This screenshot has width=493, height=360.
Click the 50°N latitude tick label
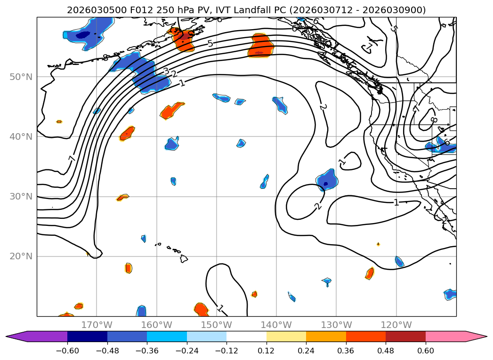(21, 77)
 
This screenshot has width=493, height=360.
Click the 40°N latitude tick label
(21, 137)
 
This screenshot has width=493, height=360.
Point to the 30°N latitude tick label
(21, 197)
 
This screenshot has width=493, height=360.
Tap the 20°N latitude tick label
(21, 256)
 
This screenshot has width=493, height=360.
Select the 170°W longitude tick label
(97, 325)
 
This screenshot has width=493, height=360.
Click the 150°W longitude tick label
(217, 325)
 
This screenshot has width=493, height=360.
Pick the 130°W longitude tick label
(336, 325)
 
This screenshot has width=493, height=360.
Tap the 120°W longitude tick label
(396, 325)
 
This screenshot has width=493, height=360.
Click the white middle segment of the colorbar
(246, 336)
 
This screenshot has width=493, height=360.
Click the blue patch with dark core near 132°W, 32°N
(326, 180)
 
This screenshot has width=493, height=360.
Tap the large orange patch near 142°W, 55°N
(261, 45)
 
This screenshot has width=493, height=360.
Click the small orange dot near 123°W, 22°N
(378, 244)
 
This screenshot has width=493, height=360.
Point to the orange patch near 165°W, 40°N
(127, 134)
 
